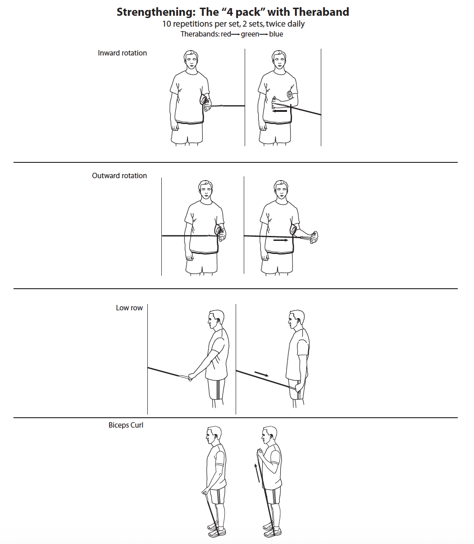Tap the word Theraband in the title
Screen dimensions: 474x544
pyautogui.click(x=321, y=12)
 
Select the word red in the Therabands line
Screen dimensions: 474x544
pyautogui.click(x=226, y=34)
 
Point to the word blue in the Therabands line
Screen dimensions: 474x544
pyautogui.click(x=276, y=34)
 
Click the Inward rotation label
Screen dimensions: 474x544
pyautogui.click(x=122, y=53)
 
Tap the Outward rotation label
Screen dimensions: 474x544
pyautogui.click(x=119, y=175)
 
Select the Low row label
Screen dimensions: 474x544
pyautogui.click(x=129, y=308)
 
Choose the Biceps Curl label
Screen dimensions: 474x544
pyautogui.click(x=126, y=425)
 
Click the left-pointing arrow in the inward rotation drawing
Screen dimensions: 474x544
pyautogui.click(x=280, y=111)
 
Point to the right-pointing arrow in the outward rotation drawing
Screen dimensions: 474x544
pyautogui.click(x=281, y=240)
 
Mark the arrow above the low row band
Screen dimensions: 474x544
pyautogui.click(x=262, y=373)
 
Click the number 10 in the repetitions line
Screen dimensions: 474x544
pyautogui.click(x=167, y=24)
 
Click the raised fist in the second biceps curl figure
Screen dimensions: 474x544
pyautogui.click(x=260, y=452)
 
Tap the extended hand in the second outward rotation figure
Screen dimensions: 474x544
pyautogui.click(x=314, y=237)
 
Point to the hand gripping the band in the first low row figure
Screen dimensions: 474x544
pyautogui.click(x=191, y=377)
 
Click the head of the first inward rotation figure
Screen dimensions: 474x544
pyautogui.click(x=191, y=60)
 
